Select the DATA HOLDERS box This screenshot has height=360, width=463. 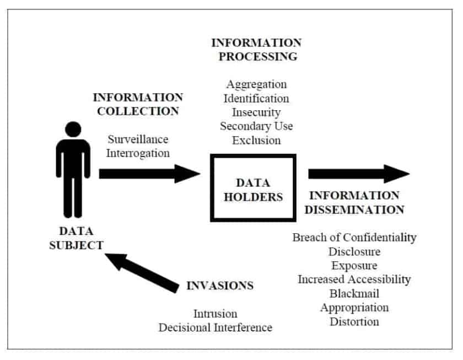pos(253,189)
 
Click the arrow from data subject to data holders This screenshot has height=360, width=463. pos(149,174)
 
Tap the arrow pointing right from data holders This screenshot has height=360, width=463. pos(358,174)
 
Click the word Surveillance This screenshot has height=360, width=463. pos(138,139)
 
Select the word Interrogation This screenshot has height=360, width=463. pos(138,153)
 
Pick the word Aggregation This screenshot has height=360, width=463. pos(256,84)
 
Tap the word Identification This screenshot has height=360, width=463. pos(256,98)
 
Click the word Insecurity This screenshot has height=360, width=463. pos(256,112)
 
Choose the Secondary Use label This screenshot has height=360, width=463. pos(256,126)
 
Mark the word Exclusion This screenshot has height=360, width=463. pos(256,139)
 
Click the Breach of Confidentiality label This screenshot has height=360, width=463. pos(354,238)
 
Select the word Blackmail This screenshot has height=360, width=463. pos(354,293)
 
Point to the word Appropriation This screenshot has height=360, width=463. pos(354,307)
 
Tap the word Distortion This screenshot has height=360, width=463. pos(354,321)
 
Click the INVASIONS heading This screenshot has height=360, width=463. pos(220,286)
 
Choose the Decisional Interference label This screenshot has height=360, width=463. pos(216,327)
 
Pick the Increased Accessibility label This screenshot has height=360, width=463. pos(354,279)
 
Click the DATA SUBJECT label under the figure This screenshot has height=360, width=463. pos(76,239)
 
